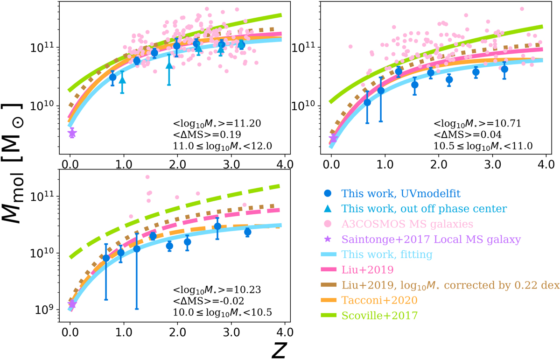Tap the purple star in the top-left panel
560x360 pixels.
72,134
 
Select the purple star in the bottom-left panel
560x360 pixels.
72,304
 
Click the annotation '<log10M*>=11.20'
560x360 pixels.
216,124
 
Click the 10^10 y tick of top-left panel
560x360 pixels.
45,106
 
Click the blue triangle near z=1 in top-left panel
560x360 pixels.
122,79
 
